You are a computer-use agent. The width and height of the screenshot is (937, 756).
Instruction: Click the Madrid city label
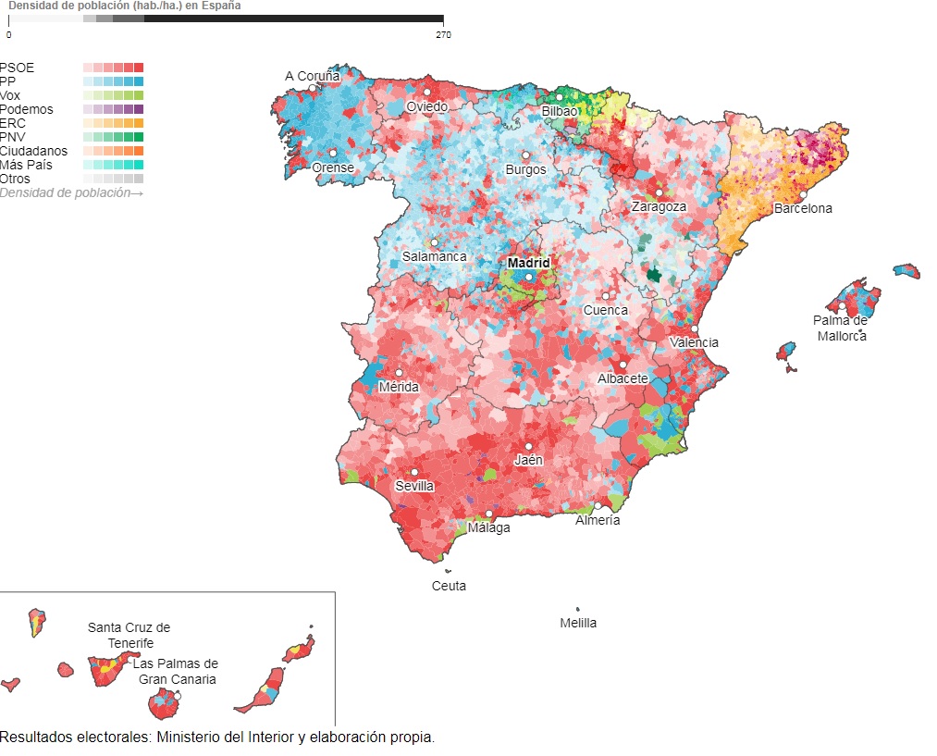coord(529,263)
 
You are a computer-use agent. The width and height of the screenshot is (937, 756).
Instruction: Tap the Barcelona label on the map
coord(803,208)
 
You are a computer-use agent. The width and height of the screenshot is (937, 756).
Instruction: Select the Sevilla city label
coord(413,486)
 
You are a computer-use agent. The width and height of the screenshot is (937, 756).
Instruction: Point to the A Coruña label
coord(312,76)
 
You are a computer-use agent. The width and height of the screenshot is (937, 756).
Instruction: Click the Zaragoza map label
coord(659,206)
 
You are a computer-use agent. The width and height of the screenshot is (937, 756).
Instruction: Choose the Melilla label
coord(578,623)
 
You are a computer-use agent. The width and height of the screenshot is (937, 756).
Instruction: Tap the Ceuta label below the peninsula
coord(449,586)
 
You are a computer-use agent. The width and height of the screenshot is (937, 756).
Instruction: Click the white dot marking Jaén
coord(528,447)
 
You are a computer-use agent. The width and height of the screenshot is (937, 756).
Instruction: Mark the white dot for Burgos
coord(525,155)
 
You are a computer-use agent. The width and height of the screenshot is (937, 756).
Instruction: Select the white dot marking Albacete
coord(623,365)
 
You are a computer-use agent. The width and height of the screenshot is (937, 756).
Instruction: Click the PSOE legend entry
coord(17,68)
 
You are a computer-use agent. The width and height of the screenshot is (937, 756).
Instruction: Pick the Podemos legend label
coord(26,109)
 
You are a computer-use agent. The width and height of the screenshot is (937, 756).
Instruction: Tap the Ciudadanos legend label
coord(33,151)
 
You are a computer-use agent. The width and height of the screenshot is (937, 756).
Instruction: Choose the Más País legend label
coord(26,165)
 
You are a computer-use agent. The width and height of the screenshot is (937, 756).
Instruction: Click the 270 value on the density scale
coord(443,35)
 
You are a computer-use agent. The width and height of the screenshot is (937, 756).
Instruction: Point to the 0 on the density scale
coord(9,35)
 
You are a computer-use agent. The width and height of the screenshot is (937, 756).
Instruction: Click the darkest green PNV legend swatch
coord(139,137)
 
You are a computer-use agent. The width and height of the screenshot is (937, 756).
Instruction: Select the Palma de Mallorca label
coord(841,328)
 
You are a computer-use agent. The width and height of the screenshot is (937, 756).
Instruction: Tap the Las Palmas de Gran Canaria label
coord(176,671)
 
